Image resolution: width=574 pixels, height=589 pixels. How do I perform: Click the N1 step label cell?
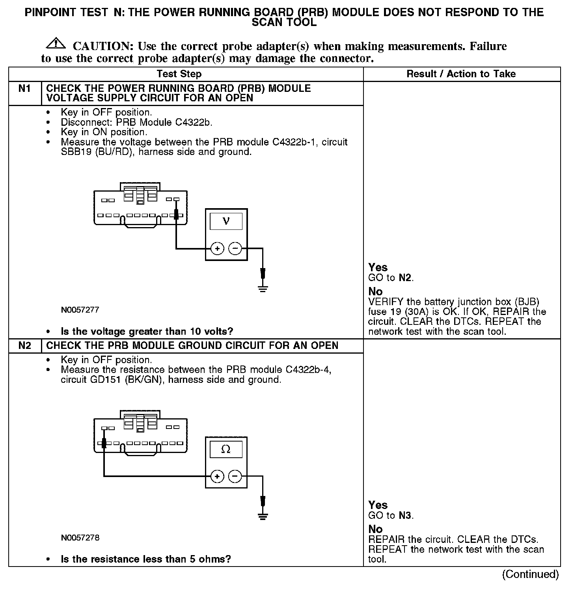pyautogui.click(x=24, y=89)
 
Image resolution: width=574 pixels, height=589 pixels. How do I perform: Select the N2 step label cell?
pyautogui.click(x=24, y=346)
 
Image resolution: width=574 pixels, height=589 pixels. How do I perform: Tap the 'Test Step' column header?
pyautogui.click(x=179, y=74)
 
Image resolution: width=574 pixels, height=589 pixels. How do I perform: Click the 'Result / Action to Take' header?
pyautogui.click(x=461, y=74)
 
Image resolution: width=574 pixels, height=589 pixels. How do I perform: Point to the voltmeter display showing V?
pyautogui.click(x=226, y=221)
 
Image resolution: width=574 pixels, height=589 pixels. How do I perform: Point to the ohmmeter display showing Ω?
pyautogui.click(x=226, y=449)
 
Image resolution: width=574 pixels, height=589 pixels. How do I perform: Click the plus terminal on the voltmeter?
pyautogui.click(x=217, y=249)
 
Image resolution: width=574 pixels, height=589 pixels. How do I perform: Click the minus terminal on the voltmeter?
pyautogui.click(x=235, y=249)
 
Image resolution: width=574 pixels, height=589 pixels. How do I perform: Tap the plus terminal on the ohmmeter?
pyautogui.click(x=217, y=477)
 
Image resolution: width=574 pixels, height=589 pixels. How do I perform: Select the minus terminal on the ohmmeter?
pyautogui.click(x=235, y=477)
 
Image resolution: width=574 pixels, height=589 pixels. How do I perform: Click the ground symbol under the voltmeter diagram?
pyautogui.click(x=263, y=289)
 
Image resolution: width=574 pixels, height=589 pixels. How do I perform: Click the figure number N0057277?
pyautogui.click(x=80, y=310)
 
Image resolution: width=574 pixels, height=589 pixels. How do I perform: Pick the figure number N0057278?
pyautogui.click(x=80, y=538)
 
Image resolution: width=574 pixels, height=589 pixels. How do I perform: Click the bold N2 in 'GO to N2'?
pyautogui.click(x=405, y=278)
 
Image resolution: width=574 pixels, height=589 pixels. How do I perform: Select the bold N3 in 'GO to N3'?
pyautogui.click(x=405, y=516)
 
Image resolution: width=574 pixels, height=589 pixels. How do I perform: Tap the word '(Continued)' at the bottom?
pyautogui.click(x=530, y=574)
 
